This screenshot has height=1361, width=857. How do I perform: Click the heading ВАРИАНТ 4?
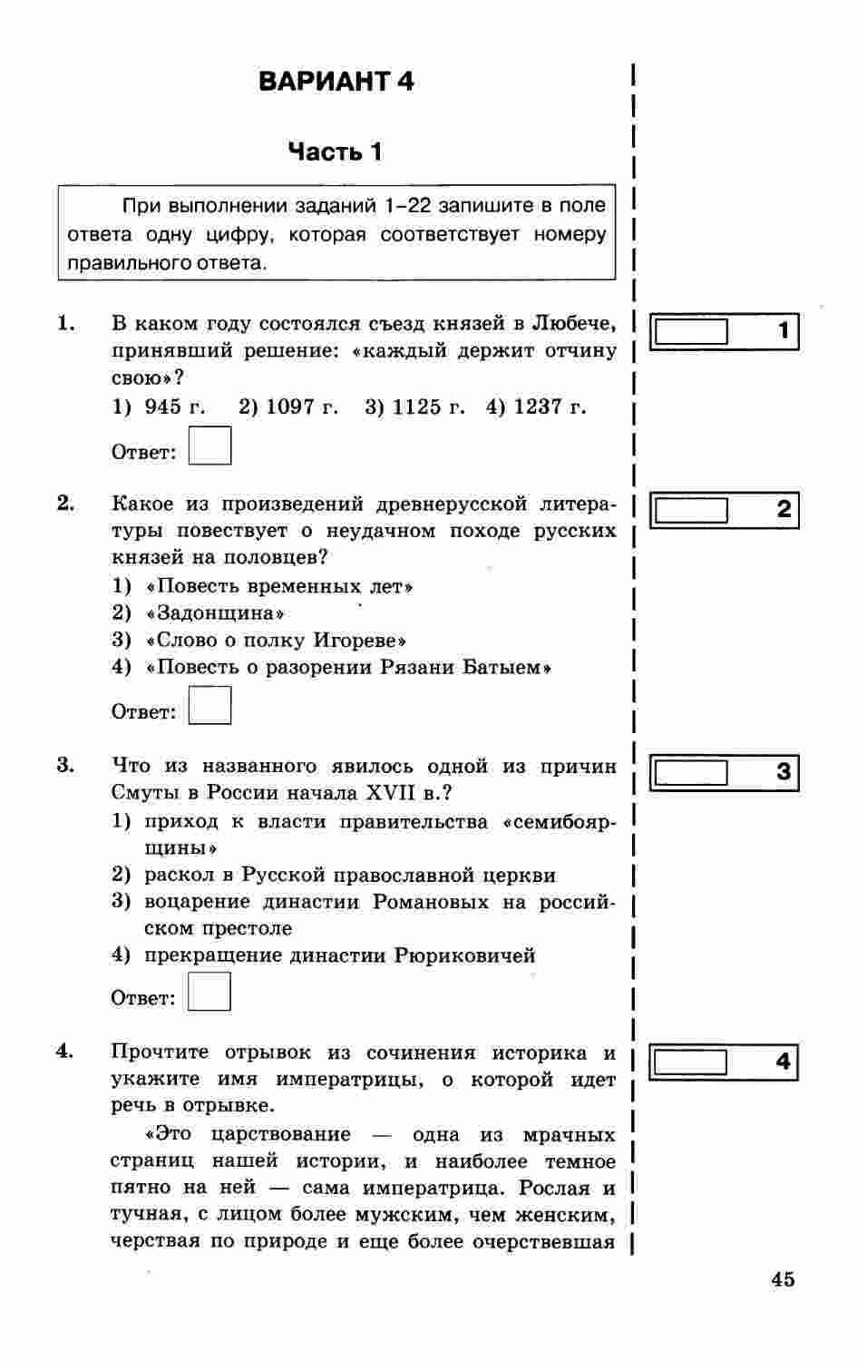point(336,82)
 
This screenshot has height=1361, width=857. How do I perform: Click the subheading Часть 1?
point(335,152)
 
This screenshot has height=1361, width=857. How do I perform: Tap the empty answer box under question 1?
point(209,446)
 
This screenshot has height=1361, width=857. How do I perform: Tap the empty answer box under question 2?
point(209,706)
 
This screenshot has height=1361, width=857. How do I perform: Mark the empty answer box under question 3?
point(209,992)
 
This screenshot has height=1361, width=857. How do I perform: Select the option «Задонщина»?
point(216,613)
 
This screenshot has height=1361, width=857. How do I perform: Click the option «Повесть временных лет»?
point(279,586)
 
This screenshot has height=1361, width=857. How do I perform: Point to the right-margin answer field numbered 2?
point(691,511)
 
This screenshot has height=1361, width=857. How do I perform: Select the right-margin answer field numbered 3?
point(691,773)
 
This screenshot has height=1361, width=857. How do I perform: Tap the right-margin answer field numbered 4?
point(691,1062)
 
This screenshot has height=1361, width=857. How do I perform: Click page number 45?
point(783,1279)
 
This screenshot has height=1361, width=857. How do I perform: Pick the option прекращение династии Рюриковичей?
point(339,955)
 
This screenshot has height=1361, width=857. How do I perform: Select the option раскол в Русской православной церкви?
point(350,875)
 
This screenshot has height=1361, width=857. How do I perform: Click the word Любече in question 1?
point(572,323)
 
